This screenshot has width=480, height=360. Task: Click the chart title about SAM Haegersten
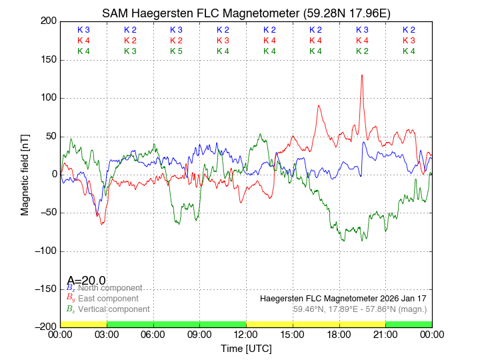246,13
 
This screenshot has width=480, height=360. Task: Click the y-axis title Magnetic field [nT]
25,173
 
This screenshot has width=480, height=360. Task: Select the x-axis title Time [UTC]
246,349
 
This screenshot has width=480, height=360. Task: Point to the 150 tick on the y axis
47,60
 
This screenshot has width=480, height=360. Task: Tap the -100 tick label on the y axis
44,251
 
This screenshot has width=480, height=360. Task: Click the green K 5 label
176,51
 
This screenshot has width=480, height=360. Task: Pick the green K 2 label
362,51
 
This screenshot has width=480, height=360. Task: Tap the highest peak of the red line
362,75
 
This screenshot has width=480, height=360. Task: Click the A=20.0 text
86,281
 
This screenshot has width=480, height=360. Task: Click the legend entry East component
108,299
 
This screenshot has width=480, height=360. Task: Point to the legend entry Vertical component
113,309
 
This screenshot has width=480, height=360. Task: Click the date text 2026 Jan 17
402,299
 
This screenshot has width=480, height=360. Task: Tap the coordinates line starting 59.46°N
359,309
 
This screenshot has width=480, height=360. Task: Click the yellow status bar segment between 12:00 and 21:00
315,324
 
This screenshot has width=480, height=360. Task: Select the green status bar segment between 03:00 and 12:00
176,324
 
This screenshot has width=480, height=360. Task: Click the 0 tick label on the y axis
53,175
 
